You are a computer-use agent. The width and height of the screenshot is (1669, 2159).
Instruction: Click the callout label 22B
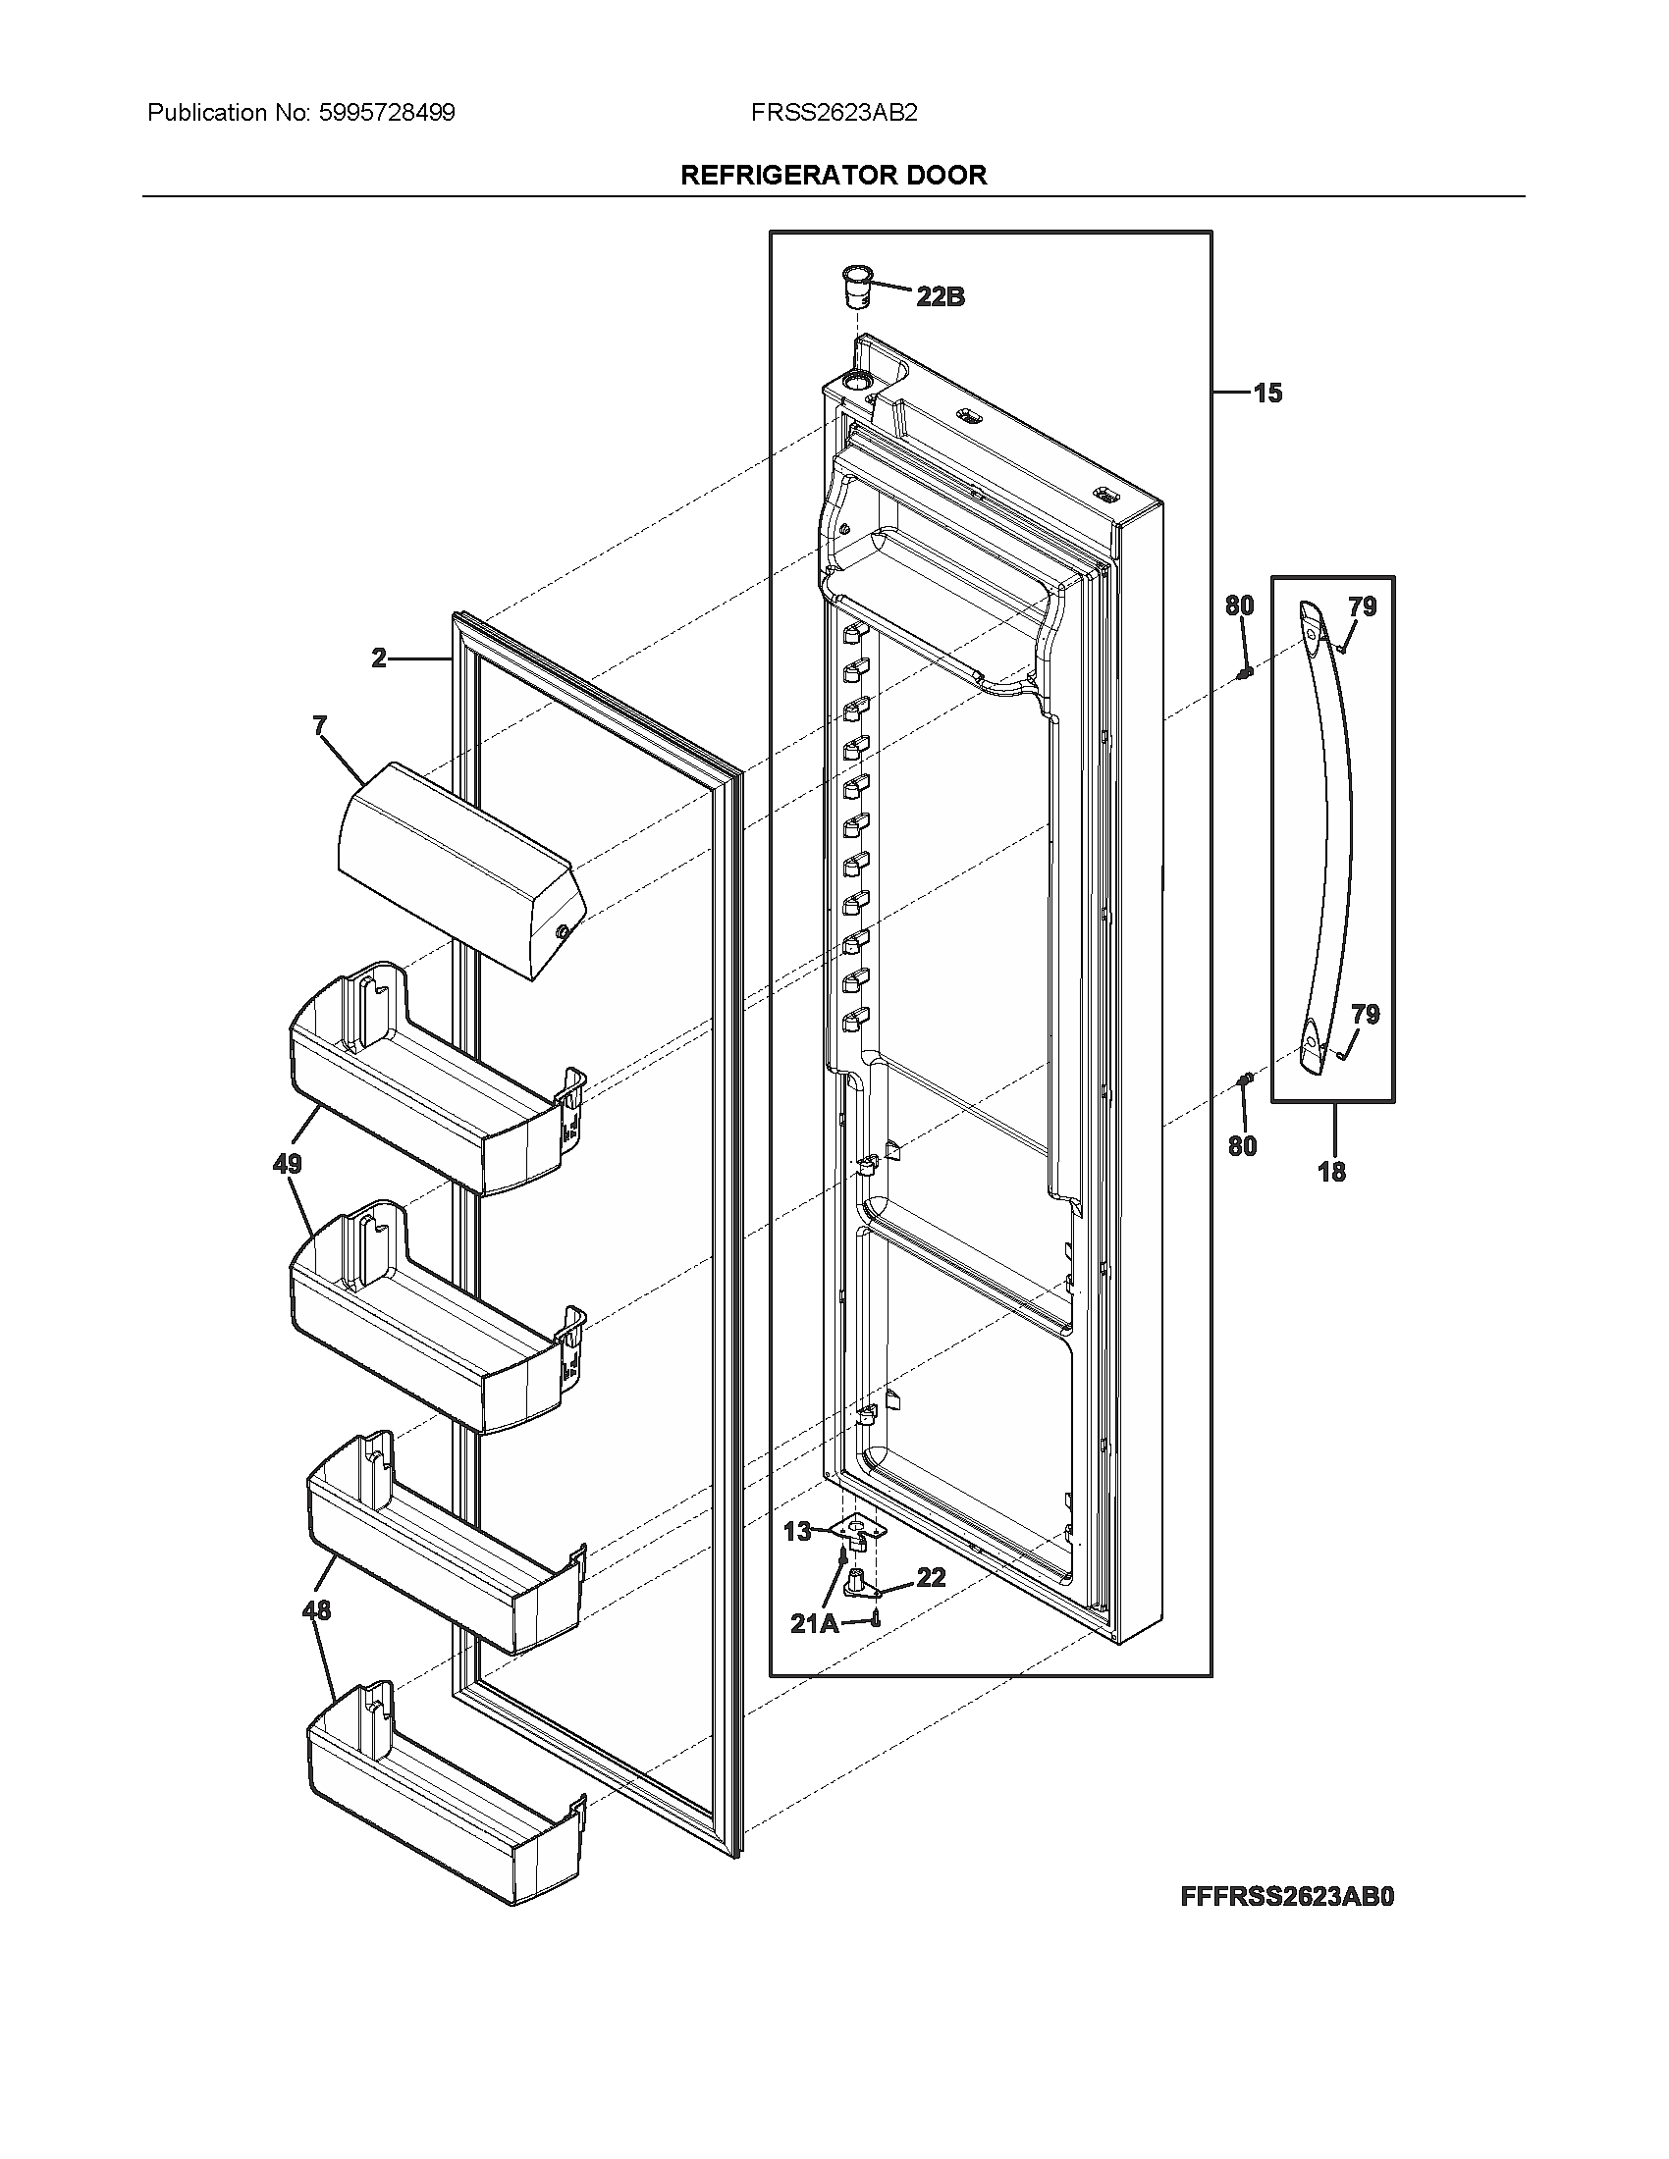940,295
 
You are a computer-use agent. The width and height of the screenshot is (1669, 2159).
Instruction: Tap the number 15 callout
1267,394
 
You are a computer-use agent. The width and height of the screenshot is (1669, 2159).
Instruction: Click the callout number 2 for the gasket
380,658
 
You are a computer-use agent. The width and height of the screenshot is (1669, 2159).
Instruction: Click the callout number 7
319,726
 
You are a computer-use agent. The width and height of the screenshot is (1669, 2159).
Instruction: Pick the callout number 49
287,1165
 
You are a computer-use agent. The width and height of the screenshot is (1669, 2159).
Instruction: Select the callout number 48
316,1610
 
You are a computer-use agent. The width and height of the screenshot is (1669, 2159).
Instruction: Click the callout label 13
797,1531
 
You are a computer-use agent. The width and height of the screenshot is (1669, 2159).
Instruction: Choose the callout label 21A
814,1623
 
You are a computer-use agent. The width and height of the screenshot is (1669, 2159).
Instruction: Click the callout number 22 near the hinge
931,1578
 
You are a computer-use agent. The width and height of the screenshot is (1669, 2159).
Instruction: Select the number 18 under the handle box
1332,1173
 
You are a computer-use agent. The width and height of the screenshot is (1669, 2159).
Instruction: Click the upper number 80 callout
1240,606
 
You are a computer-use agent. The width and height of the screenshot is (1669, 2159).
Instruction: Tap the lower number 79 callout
1366,1015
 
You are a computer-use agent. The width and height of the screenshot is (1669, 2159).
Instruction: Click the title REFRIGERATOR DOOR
834,175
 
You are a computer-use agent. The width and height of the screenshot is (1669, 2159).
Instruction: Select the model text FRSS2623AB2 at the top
834,113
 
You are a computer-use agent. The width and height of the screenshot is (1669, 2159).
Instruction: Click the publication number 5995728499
388,113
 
